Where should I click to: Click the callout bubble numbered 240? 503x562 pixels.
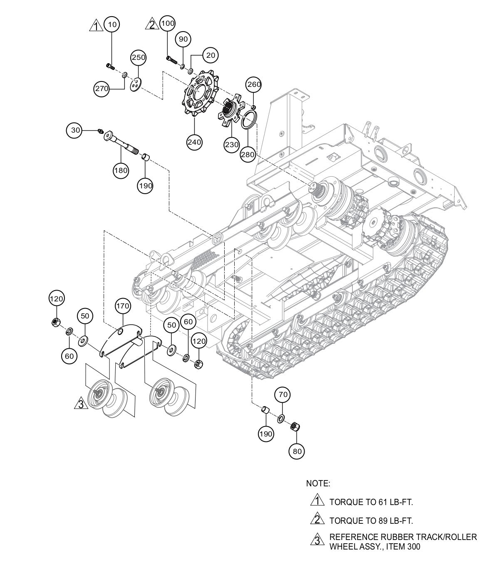tap(194, 142)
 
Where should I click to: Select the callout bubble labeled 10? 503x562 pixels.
tap(112, 25)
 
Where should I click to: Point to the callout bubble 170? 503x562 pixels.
tap(123, 306)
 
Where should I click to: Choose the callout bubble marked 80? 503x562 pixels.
tap(296, 451)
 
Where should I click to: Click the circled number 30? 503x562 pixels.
tap(75, 130)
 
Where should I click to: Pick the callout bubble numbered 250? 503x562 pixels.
tap(139, 57)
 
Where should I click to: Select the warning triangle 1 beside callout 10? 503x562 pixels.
tap(96, 26)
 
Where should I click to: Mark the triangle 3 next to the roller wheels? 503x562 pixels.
tap(80, 403)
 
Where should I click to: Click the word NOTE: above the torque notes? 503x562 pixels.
tap(318, 483)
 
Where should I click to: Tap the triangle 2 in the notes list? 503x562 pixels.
tap(317, 520)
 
